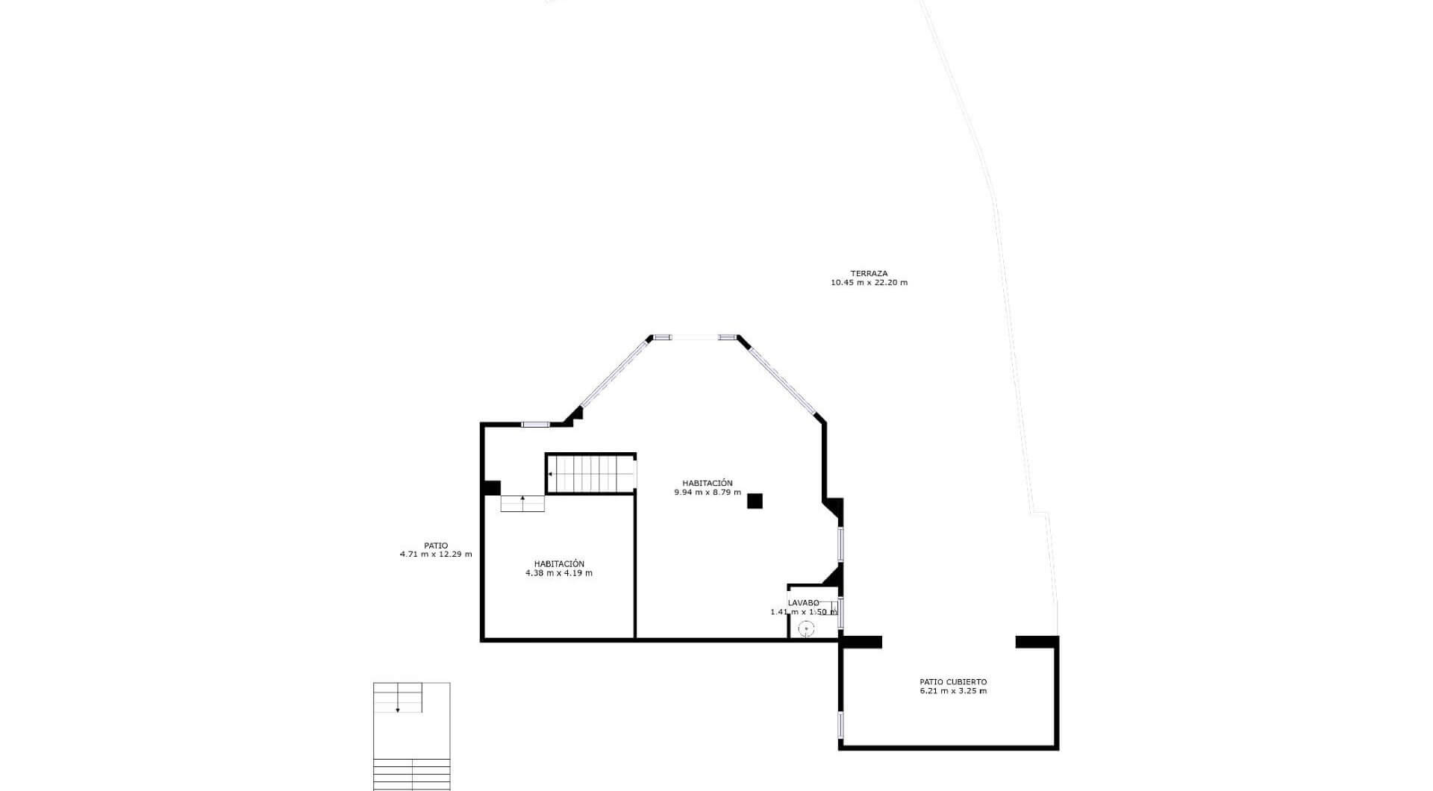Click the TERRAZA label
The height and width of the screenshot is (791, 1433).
tap(869, 274)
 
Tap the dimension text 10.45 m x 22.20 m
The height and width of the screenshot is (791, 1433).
tap(869, 283)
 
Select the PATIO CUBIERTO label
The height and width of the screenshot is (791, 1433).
tap(953, 682)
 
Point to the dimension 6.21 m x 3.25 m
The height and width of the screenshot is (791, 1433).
tap(953, 691)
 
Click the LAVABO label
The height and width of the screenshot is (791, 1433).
tap(804, 603)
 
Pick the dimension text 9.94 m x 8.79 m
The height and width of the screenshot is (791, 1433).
tap(708, 493)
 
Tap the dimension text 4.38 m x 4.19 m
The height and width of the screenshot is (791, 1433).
tap(559, 573)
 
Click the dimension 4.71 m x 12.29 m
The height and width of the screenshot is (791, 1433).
tap(436, 554)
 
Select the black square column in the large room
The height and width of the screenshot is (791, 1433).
tap(755, 501)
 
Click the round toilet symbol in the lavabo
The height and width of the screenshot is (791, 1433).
tap(806, 629)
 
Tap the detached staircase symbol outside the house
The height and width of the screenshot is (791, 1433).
tap(411, 736)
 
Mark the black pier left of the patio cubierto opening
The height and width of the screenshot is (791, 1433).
tap(861, 642)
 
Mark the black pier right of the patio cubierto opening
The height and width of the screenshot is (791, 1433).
tap(1037, 642)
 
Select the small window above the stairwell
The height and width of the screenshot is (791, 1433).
tap(535, 425)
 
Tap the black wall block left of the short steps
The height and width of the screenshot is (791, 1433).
tap(491, 488)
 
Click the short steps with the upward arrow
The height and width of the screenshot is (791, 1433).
tap(522, 503)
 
